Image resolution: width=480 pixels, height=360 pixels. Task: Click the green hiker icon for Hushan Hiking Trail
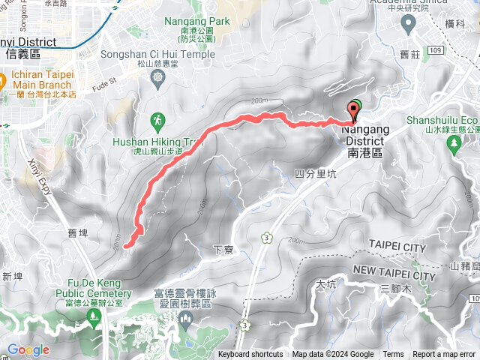(x=158, y=120)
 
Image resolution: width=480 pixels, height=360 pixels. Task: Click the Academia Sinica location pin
(x=408, y=25)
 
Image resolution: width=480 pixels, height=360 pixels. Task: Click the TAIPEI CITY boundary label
(x=397, y=247)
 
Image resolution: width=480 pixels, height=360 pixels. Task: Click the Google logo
(x=28, y=349)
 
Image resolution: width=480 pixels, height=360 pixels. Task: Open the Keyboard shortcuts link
(x=250, y=355)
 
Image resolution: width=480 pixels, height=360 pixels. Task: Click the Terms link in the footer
(x=393, y=355)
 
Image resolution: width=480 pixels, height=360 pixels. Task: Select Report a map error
(x=445, y=355)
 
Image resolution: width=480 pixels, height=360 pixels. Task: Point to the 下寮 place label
(x=221, y=249)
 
